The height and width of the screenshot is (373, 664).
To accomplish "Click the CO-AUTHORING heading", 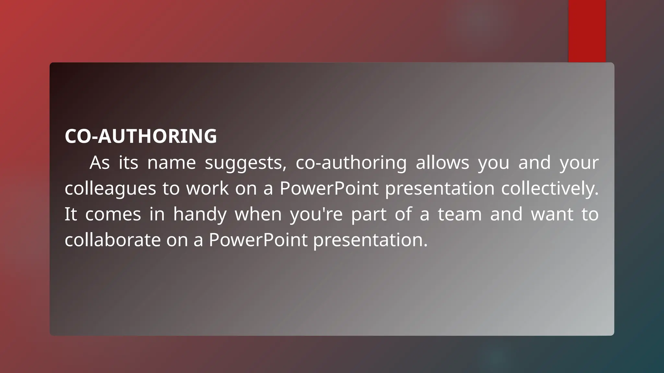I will click(141, 136).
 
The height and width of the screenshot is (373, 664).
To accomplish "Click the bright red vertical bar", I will click(587, 31).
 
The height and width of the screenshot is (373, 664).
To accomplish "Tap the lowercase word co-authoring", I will click(351, 163).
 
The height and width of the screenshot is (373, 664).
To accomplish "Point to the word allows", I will click(442, 163).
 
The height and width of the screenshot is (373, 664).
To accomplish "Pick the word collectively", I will click(550, 188).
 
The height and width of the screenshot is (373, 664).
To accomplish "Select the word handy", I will click(199, 214).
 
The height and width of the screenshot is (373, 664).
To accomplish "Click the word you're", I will click(316, 214).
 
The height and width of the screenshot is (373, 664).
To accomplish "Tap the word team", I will click(460, 214).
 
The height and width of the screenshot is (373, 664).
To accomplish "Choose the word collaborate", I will click(113, 240).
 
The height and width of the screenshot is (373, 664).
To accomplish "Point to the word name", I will click(172, 163).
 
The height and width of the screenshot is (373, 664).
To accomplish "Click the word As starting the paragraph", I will click(100, 163).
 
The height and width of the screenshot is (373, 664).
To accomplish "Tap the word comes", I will click(113, 214).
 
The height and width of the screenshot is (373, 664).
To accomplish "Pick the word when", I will click(258, 214).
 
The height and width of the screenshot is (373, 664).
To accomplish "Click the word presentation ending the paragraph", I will click(370, 240).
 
